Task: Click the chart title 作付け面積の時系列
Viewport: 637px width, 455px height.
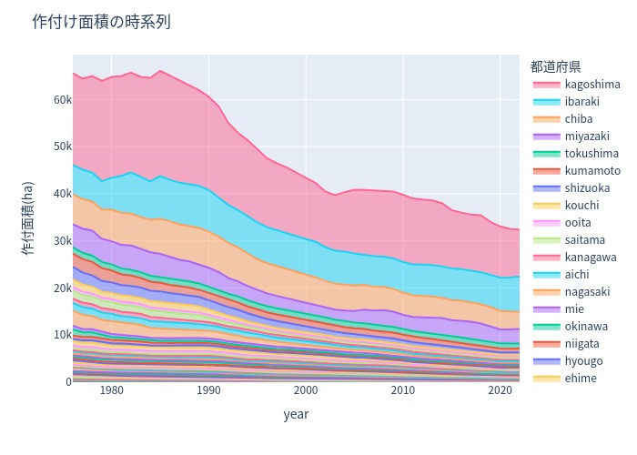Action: (x=101, y=22)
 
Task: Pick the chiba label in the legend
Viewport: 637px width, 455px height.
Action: (x=579, y=118)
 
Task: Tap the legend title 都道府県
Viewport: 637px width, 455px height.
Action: (x=555, y=66)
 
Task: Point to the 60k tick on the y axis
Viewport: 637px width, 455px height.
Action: (x=63, y=99)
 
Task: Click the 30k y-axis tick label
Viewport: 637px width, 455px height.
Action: (x=63, y=241)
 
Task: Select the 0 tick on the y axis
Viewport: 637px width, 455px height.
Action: (x=68, y=382)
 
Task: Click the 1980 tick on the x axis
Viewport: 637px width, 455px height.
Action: (x=112, y=390)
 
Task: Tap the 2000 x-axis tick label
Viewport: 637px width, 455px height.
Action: (x=306, y=390)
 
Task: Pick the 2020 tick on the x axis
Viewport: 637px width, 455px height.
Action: (x=500, y=390)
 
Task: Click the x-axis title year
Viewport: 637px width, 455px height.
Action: (x=296, y=414)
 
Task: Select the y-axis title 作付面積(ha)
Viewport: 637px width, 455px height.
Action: (x=27, y=218)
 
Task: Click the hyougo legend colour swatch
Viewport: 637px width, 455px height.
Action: (x=546, y=361)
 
